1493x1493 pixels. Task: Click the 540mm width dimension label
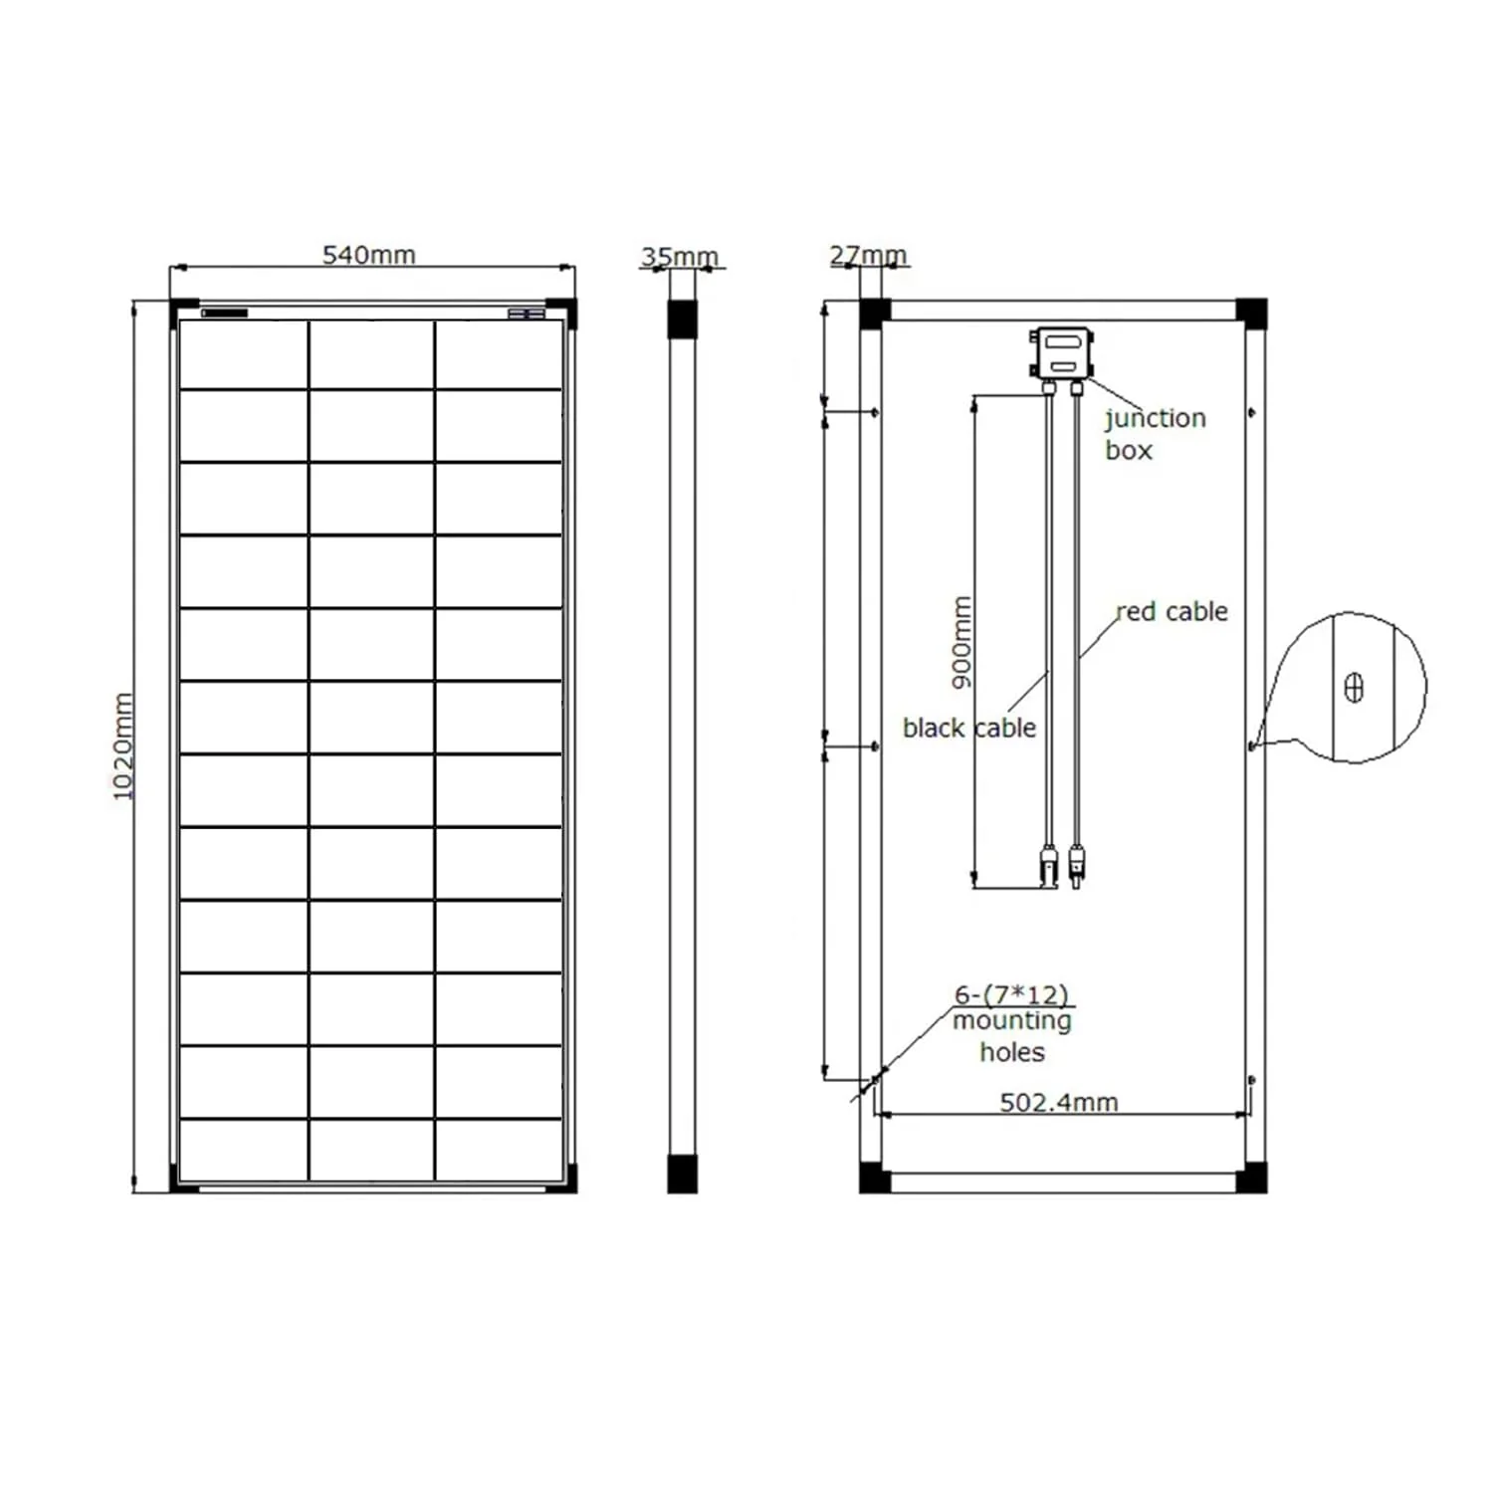[x=368, y=255]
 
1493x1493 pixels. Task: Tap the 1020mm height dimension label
[x=122, y=746]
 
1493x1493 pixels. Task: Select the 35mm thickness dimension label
[x=680, y=257]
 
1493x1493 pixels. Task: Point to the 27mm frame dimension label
[x=868, y=256]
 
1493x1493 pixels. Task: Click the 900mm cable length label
[x=960, y=642]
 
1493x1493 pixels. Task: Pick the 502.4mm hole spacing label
[x=1059, y=1102]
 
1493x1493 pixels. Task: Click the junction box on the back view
[x=1062, y=352]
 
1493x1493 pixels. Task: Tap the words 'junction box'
[x=1155, y=434]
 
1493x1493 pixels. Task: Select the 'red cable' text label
[x=1172, y=611]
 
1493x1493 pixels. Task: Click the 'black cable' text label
[x=969, y=728]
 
